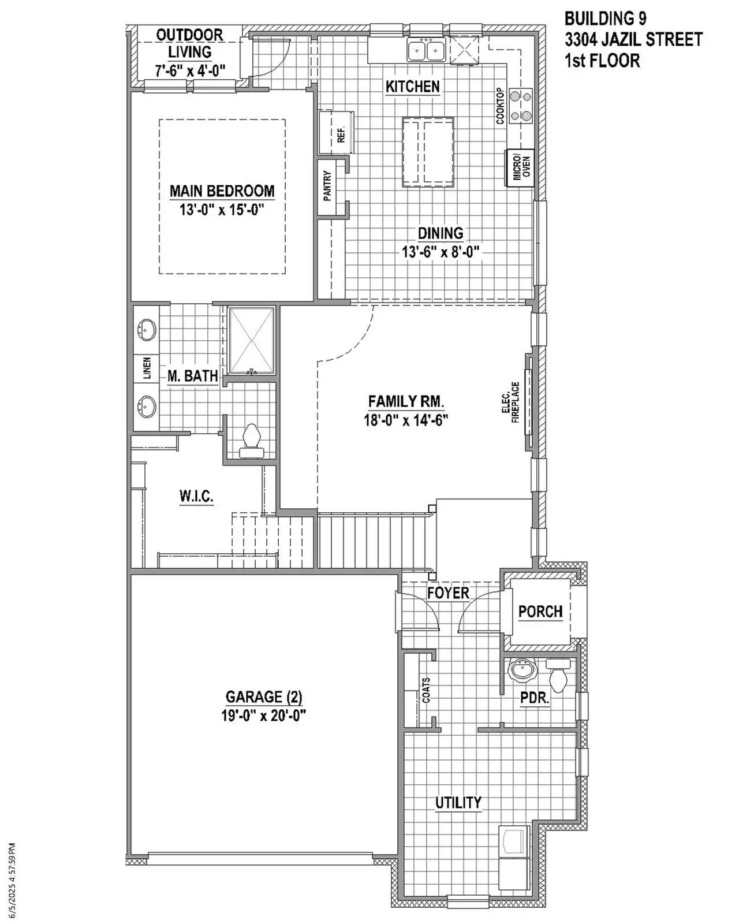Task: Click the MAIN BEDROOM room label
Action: [222, 191]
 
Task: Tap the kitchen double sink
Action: [426, 50]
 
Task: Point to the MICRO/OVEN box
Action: [518, 168]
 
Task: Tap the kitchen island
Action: [427, 152]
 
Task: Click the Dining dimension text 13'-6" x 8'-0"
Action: [441, 252]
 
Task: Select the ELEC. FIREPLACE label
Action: [511, 403]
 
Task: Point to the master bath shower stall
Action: [252, 341]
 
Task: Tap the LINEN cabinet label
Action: [147, 369]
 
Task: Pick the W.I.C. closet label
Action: [196, 496]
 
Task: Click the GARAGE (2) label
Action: [263, 696]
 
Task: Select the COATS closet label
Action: [427, 690]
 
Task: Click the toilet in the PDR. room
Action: [558, 676]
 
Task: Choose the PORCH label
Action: [540, 611]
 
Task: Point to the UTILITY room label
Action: [458, 802]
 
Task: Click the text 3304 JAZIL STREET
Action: [633, 39]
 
